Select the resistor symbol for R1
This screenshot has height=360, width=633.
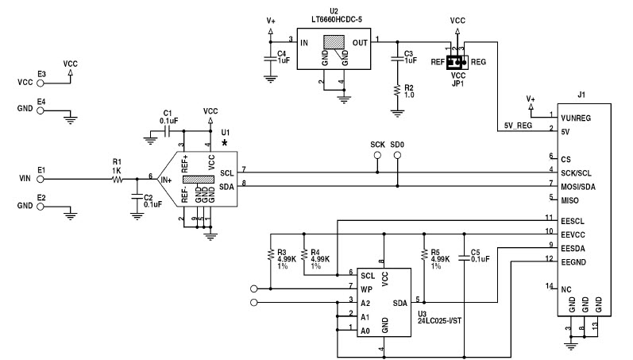(x=118, y=180)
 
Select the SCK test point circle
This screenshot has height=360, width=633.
(x=377, y=157)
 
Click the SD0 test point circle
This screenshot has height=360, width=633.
(x=397, y=157)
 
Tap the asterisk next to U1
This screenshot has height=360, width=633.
(x=226, y=143)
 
